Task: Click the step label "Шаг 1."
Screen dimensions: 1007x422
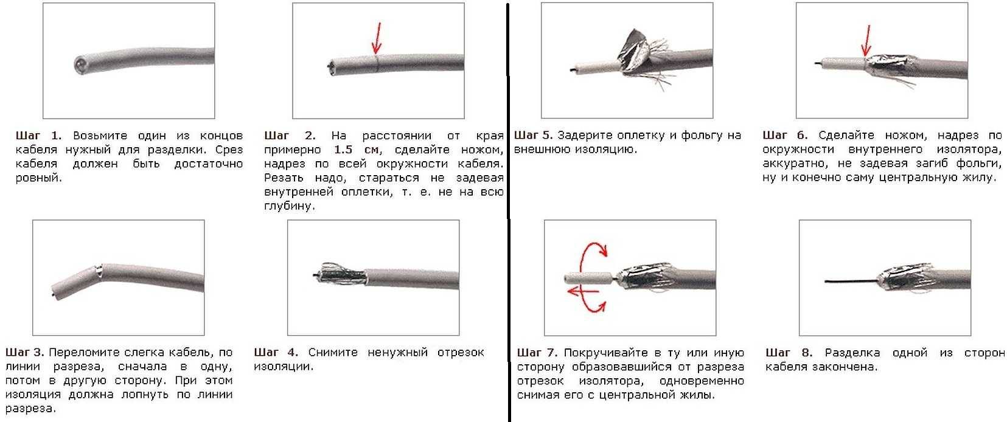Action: coord(38,136)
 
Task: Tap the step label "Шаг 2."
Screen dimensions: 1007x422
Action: coord(290,136)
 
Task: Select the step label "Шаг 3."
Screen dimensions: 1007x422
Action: coord(25,352)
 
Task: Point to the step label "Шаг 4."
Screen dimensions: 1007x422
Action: coord(276,352)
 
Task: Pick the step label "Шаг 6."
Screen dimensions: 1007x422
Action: coord(785,135)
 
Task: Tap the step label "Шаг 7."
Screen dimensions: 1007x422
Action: coord(537,353)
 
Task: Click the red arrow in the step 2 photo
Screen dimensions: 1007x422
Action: coord(377,38)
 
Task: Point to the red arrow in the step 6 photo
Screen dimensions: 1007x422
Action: coord(866,41)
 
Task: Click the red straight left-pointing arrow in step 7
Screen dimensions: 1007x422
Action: coord(583,292)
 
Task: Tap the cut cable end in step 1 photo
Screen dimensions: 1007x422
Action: coord(81,64)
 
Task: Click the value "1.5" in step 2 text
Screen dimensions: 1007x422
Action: coord(344,150)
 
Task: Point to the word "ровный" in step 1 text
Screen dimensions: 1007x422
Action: coord(39,178)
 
